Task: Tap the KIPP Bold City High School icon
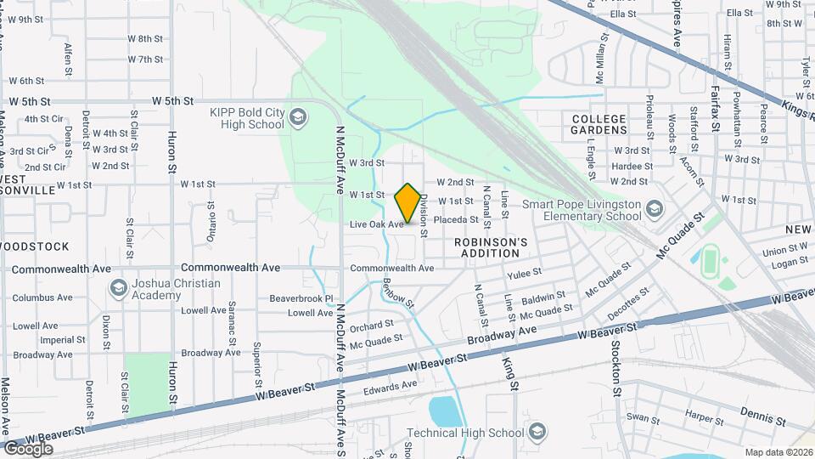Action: tap(297, 116)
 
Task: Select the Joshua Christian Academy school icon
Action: tap(118, 289)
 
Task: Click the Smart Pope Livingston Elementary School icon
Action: tap(654, 209)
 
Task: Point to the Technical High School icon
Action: tap(536, 433)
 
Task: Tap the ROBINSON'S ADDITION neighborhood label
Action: tap(491, 247)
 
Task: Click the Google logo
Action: tap(28, 449)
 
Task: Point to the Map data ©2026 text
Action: tap(778, 452)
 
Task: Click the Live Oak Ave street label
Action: tap(376, 224)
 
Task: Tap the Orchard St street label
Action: tap(372, 325)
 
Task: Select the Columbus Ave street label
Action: tap(42, 297)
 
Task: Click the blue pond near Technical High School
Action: tap(446, 411)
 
